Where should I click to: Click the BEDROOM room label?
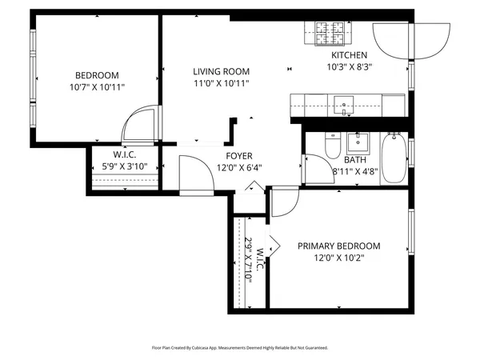(98, 74)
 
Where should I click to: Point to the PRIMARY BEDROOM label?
(338, 246)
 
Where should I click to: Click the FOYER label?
(239, 156)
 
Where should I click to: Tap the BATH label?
(354, 160)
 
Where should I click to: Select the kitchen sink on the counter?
(345, 103)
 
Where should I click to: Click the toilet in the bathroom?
(333, 146)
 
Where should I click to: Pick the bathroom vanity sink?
(358, 142)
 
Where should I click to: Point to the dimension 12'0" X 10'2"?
(338, 258)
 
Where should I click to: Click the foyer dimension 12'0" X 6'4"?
(239, 168)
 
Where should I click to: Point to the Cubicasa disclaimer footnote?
(240, 348)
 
